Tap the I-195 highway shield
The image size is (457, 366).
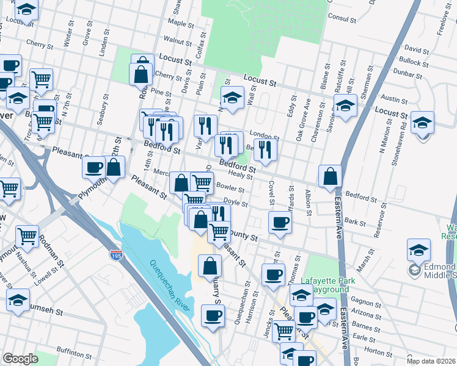pyautogui.click(x=116, y=255)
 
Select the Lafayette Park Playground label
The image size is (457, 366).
pyautogui.click(x=320, y=285)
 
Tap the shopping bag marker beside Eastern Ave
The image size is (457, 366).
pyautogui.click(x=330, y=176)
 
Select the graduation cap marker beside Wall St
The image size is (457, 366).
pyautogui.click(x=232, y=98)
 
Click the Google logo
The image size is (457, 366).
pyautogui.click(x=20, y=359)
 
